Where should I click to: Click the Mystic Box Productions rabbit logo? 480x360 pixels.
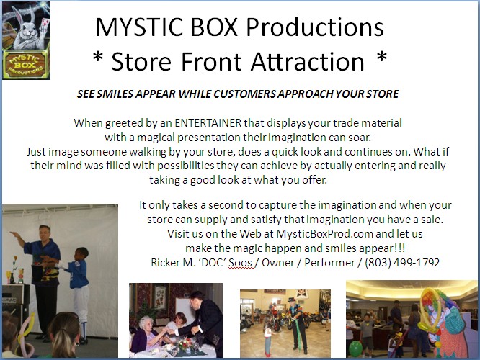click(x=26, y=40)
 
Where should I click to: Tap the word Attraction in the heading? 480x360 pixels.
click(x=308, y=61)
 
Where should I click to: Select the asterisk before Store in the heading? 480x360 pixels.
click(x=97, y=57)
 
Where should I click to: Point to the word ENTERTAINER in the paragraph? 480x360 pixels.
click(x=208, y=123)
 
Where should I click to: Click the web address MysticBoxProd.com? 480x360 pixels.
click(x=325, y=234)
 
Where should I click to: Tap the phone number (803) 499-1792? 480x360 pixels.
click(x=402, y=263)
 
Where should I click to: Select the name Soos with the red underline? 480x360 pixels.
click(x=241, y=263)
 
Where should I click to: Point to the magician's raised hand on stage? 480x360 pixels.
click(x=13, y=234)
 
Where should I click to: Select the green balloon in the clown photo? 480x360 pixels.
click(x=355, y=348)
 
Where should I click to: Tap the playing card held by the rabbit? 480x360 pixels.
click(x=45, y=23)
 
